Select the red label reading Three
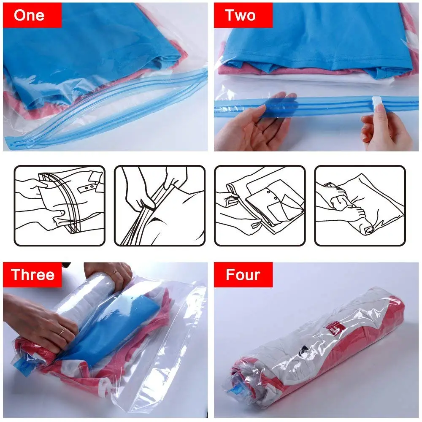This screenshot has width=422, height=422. click(x=32, y=275)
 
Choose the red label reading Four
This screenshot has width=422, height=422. click(x=243, y=275)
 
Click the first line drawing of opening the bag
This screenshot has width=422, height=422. click(x=60, y=206)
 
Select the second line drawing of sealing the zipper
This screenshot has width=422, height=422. click(x=160, y=206)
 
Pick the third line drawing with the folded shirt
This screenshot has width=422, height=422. click(x=260, y=206)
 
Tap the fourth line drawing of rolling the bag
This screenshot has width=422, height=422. click(x=360, y=206)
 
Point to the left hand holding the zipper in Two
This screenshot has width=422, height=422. click(x=253, y=122)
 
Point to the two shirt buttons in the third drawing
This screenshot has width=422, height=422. click(x=271, y=195)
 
